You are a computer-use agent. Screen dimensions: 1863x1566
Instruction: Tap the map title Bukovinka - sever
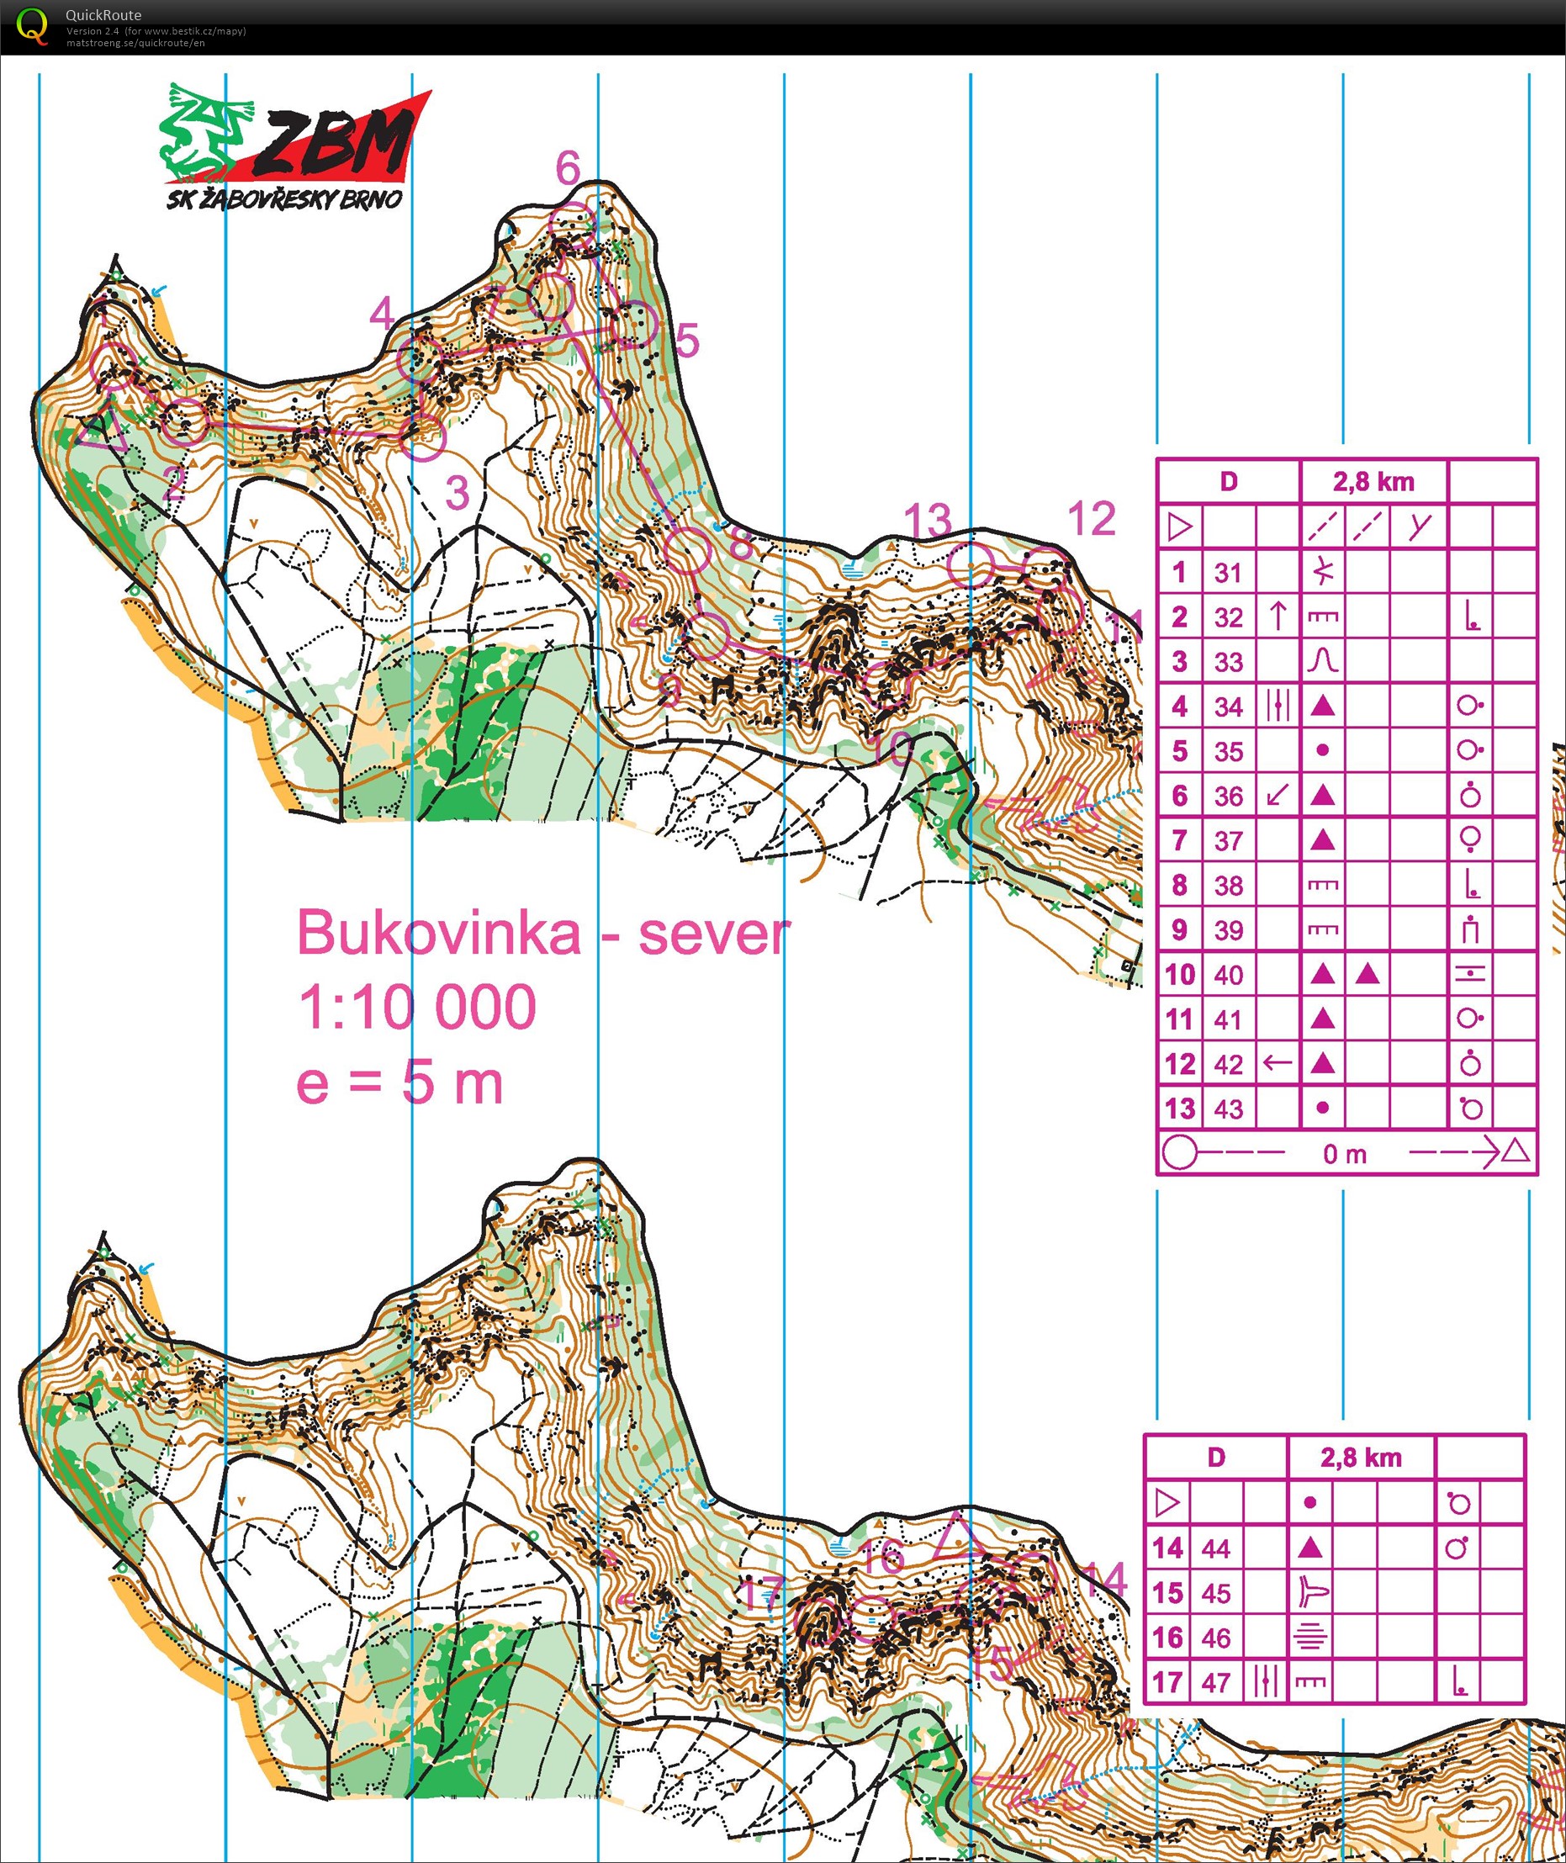[x=542, y=933]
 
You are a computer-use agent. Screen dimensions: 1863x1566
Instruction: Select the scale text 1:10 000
[x=416, y=1008]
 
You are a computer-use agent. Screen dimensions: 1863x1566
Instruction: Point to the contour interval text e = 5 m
[x=399, y=1083]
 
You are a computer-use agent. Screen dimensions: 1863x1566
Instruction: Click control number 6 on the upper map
[x=569, y=167]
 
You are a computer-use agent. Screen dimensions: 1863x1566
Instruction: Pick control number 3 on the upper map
[x=458, y=493]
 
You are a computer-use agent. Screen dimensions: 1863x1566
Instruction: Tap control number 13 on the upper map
[x=928, y=521]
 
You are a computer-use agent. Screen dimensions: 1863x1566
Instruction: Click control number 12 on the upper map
[x=1091, y=519]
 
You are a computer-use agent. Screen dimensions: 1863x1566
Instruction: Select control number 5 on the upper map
[x=687, y=340]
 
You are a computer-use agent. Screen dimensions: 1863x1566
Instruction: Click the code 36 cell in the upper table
[x=1228, y=797]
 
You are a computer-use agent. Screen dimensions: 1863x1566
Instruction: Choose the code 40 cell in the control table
[x=1228, y=975]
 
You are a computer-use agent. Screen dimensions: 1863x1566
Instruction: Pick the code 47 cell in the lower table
[x=1215, y=1682]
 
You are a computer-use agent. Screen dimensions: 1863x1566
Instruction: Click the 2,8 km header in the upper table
[x=1373, y=482]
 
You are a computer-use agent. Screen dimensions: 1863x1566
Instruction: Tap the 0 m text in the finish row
[x=1344, y=1154]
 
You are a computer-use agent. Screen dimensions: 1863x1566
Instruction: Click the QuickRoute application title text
[x=103, y=15]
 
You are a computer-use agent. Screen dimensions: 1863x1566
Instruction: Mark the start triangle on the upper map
[x=101, y=429]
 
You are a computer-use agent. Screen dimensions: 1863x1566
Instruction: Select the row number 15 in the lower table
[x=1167, y=1592]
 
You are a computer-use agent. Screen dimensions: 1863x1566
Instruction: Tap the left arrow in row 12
[x=1277, y=1062]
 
